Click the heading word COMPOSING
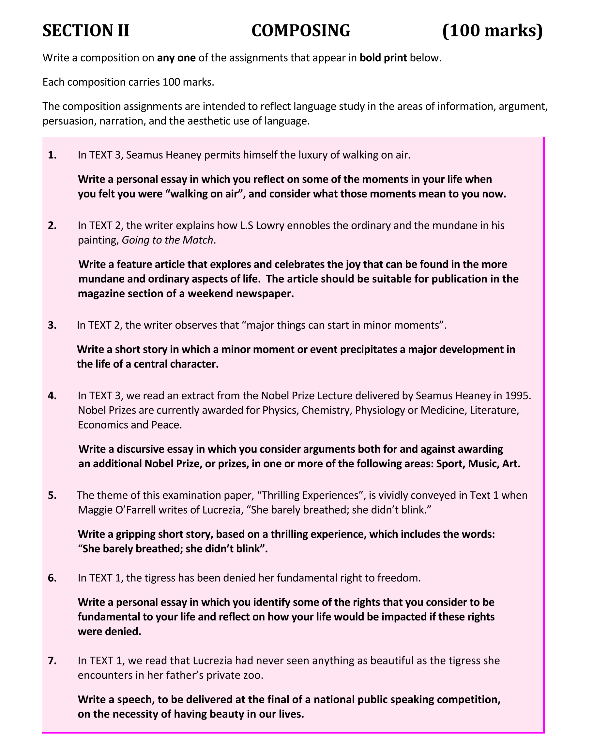point(300,31)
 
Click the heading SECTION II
point(86,31)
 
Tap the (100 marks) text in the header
point(492,31)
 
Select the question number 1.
point(53,155)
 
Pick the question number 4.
point(53,395)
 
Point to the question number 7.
point(53,660)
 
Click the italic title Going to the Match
point(167,240)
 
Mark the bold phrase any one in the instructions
point(176,58)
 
